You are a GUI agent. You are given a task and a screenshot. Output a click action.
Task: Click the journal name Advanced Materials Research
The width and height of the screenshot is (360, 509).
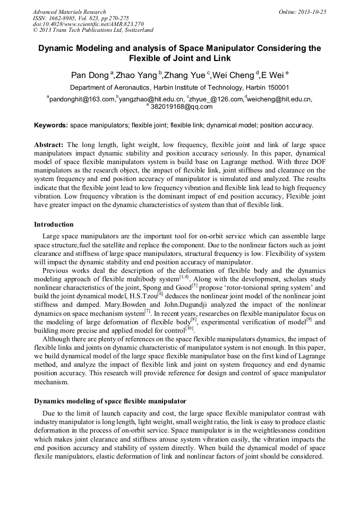70,12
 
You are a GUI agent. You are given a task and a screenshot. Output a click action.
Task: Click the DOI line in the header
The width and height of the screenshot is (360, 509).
88,24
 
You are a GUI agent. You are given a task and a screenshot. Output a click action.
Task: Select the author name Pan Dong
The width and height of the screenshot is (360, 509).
90,75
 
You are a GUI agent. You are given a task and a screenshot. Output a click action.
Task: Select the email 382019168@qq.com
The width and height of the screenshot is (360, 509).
181,107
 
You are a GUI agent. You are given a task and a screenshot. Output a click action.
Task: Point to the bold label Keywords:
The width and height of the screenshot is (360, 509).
51,126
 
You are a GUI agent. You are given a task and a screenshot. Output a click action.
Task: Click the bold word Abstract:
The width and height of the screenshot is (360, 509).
49,144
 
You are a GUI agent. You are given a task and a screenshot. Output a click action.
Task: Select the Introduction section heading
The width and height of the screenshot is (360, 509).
54,225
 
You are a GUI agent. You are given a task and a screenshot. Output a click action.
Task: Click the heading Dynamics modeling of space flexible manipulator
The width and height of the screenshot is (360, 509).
110,401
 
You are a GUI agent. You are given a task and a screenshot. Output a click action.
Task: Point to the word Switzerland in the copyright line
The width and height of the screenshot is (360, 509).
136,31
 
